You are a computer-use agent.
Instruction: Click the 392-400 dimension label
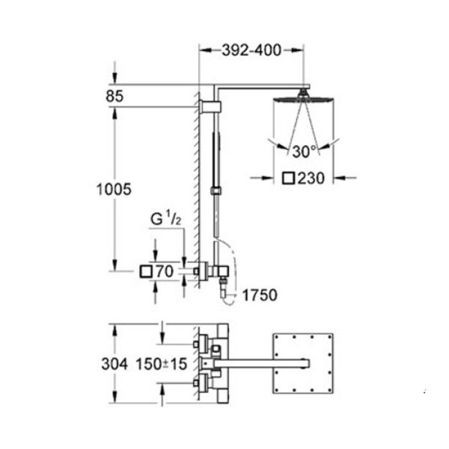click(251, 50)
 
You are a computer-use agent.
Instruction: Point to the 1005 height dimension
click(114, 189)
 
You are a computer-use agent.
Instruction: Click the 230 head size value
click(312, 178)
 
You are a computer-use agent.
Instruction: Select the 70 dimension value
click(165, 272)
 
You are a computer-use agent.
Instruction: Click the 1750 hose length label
click(259, 295)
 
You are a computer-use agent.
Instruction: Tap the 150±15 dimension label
click(160, 364)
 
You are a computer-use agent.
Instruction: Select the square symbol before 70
click(146, 272)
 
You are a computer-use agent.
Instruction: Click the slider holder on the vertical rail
click(216, 191)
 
